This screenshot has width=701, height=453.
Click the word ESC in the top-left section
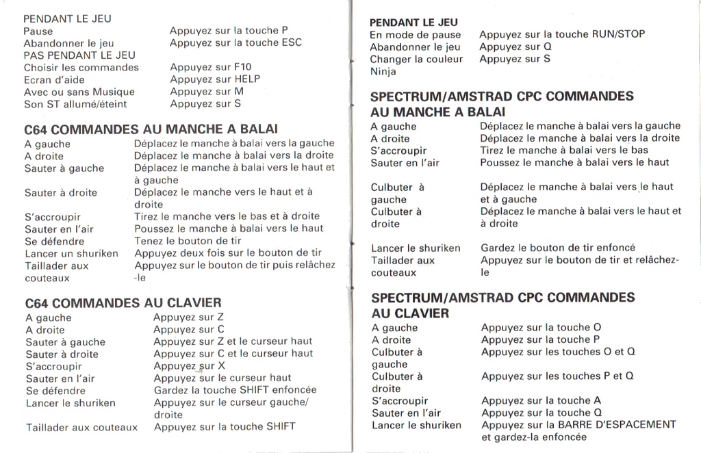click(292, 42)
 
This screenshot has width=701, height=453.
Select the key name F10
click(242, 67)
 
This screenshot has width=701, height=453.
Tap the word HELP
click(247, 79)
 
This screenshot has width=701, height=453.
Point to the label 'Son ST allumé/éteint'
click(75, 104)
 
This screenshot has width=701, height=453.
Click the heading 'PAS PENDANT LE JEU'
click(79, 55)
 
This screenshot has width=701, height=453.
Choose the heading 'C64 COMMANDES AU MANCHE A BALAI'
click(151, 129)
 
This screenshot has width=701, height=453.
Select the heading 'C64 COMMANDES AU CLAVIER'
click(123, 302)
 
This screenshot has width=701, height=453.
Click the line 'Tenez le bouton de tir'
click(188, 241)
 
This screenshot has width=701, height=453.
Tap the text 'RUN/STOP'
click(619, 34)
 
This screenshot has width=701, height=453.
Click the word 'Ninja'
click(383, 71)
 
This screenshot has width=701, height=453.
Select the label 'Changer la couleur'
click(416, 59)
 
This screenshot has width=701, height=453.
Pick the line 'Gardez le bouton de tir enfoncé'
click(558, 248)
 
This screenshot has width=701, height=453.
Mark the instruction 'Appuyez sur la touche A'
click(541, 400)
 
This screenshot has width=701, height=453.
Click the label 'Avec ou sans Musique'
click(79, 92)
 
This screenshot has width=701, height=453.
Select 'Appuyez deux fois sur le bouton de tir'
click(228, 253)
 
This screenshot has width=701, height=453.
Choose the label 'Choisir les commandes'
click(81, 67)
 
